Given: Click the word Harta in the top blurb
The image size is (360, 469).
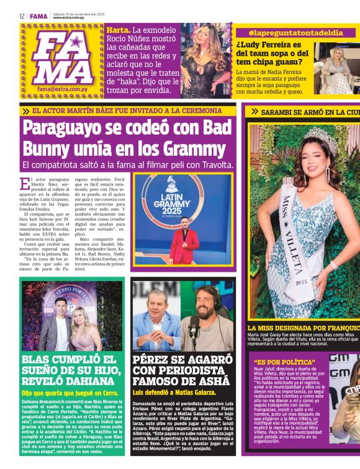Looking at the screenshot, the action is tap(117, 30).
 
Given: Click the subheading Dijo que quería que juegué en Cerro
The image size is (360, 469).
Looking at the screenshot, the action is tap(70, 393).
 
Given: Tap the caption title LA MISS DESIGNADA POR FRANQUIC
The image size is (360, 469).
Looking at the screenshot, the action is tap(303, 328).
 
